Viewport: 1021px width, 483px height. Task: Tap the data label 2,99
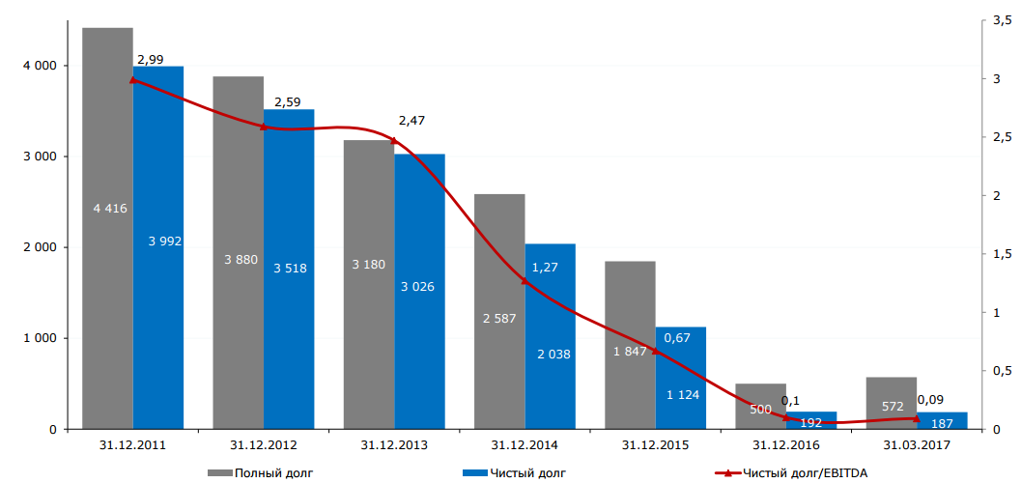tap(150, 60)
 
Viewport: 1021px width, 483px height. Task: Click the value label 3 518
tap(290, 268)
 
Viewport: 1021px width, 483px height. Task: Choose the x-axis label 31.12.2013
tap(394, 445)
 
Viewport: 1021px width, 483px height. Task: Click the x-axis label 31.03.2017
tap(917, 445)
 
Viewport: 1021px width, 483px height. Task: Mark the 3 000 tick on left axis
tap(40, 156)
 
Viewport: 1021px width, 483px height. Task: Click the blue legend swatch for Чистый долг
tap(474, 472)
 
